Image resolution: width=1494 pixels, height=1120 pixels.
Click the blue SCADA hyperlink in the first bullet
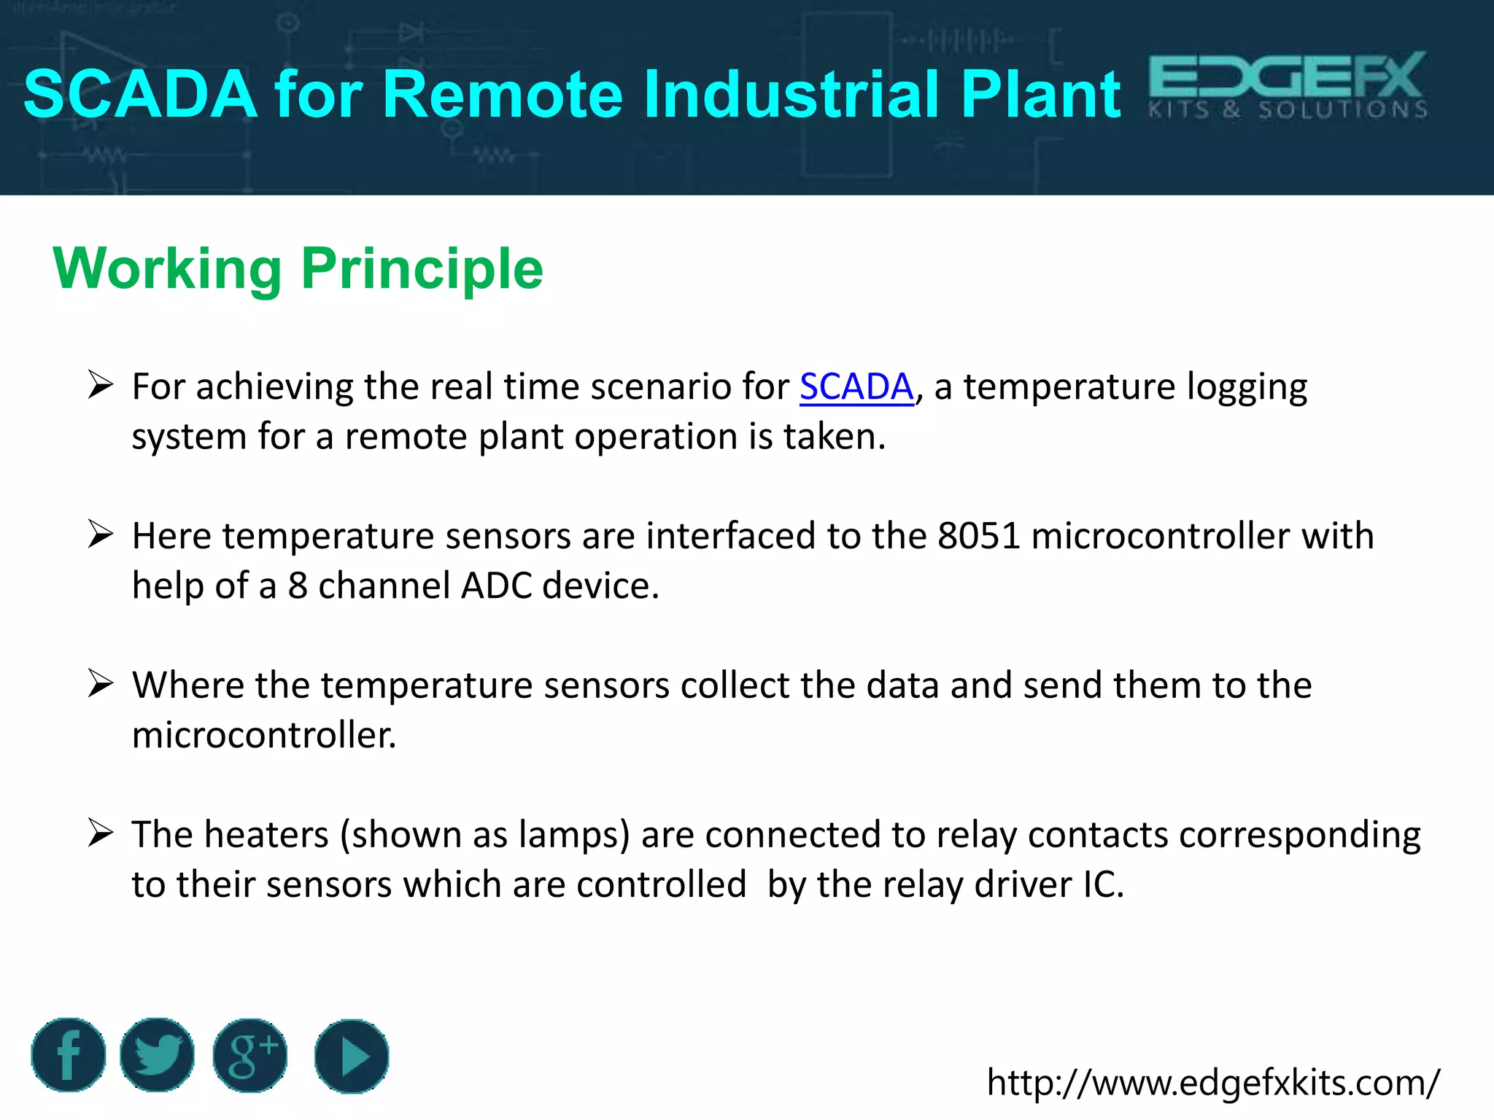click(856, 386)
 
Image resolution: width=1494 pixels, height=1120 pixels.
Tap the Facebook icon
click(69, 1055)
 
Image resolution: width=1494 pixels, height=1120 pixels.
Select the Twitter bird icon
click(157, 1055)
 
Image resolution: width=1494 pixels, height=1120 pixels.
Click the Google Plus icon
click(250, 1055)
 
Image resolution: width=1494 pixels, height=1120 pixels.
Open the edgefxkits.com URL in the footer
click(1212, 1083)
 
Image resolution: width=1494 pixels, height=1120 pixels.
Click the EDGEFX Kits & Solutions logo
click(1288, 86)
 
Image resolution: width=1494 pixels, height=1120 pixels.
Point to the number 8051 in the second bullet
click(978, 536)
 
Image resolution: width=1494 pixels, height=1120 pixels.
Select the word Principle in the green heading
click(422, 270)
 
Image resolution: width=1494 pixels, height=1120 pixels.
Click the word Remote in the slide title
click(502, 95)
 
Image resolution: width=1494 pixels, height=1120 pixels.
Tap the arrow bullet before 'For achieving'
click(100, 384)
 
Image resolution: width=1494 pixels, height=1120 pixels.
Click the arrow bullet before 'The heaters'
click(100, 833)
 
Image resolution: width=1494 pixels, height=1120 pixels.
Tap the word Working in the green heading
click(167, 270)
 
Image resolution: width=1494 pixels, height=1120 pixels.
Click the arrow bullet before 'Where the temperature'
click(100, 683)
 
